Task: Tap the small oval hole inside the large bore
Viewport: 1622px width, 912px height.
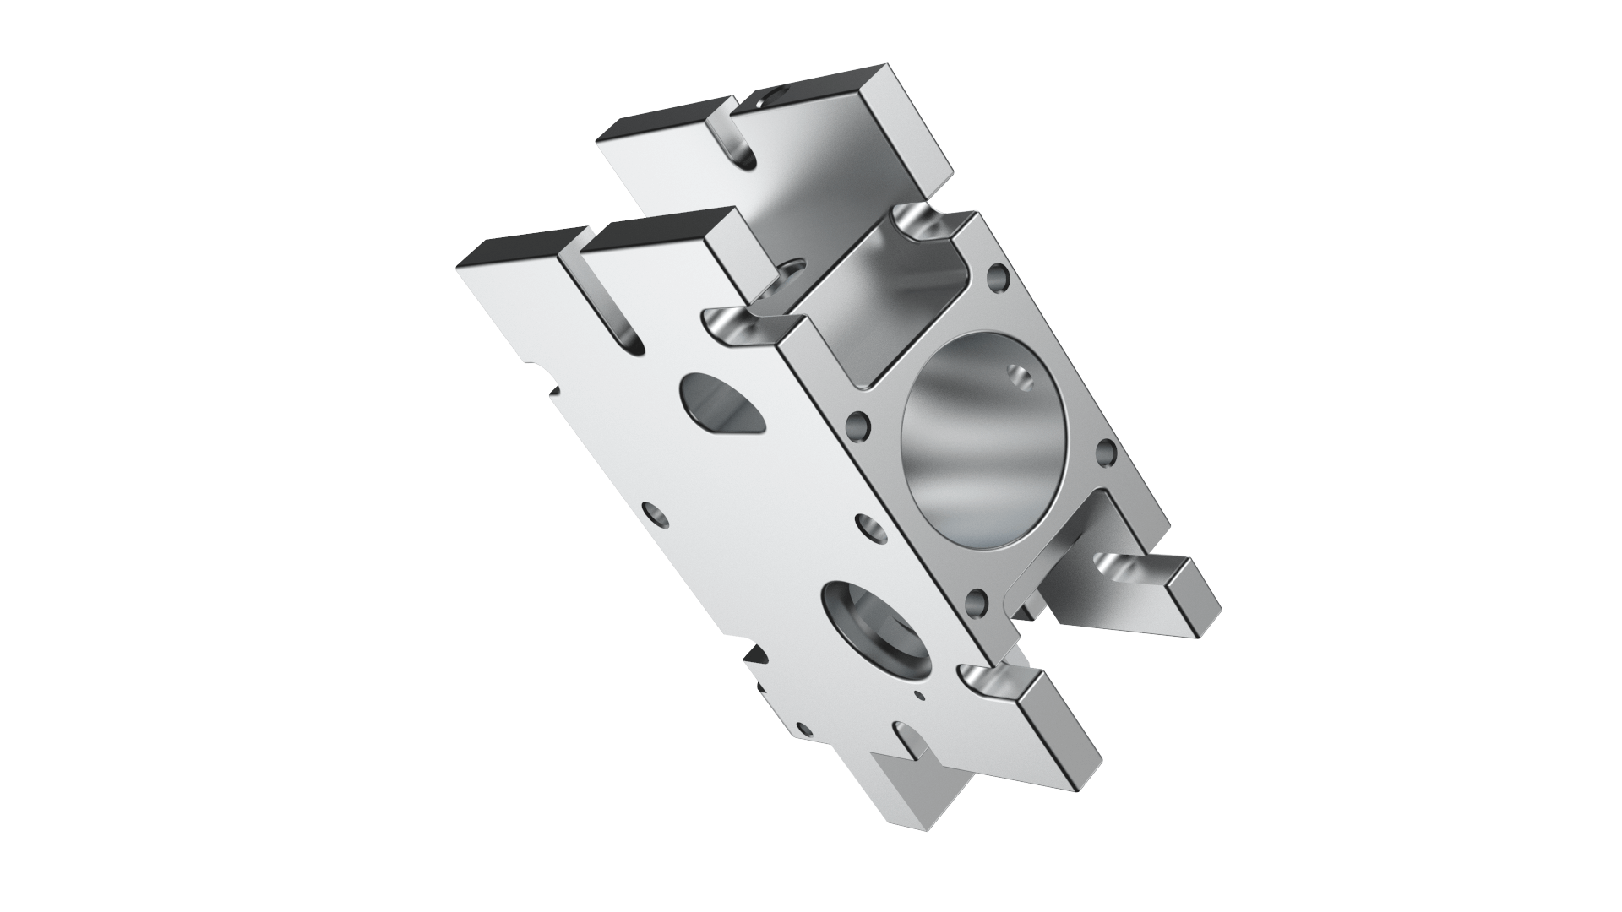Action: (x=1019, y=377)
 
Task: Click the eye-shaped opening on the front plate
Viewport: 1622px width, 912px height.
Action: (x=721, y=405)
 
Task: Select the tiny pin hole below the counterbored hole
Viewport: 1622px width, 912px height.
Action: (x=920, y=697)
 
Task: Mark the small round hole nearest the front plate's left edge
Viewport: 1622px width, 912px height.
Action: (x=653, y=512)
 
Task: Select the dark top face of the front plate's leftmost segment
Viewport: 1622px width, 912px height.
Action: (x=520, y=245)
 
